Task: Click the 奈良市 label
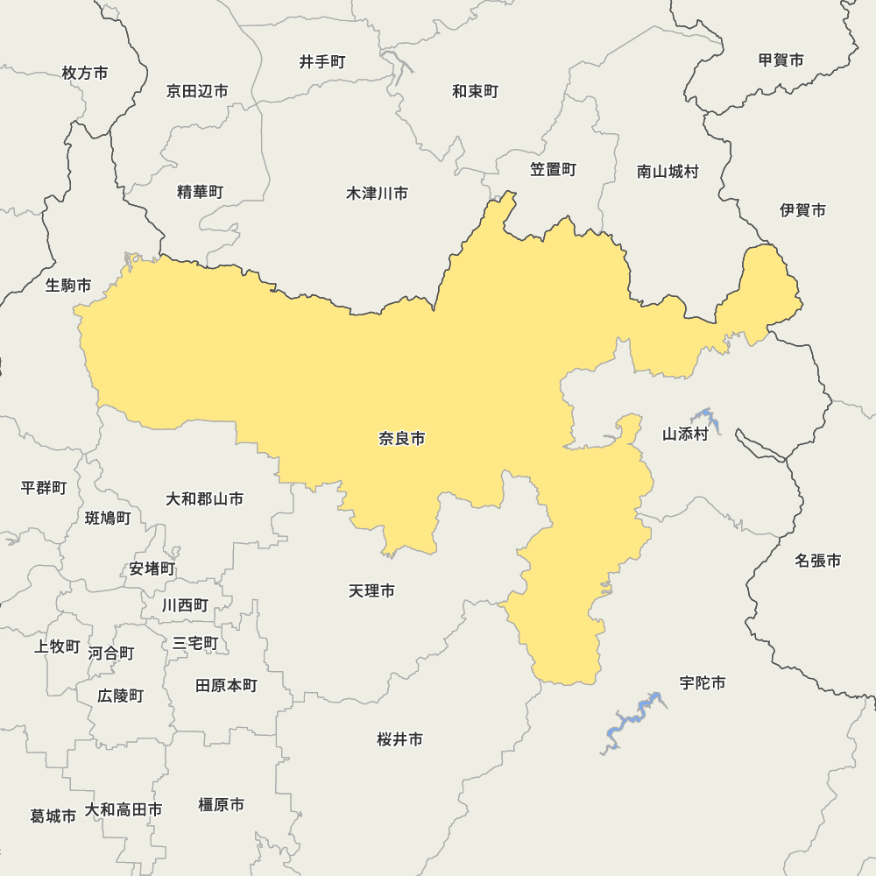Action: pos(402,439)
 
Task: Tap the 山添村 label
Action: pos(685,434)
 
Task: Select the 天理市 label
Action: pos(371,591)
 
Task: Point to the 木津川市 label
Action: pos(377,194)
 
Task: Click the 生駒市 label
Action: pos(68,286)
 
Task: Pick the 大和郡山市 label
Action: pos(205,499)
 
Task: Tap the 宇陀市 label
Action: pos(703,683)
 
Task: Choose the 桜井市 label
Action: pos(400,740)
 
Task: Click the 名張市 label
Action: pos(818,561)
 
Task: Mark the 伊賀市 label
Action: pos(803,210)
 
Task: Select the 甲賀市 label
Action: pos(781,60)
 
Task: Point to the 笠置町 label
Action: pos(553,170)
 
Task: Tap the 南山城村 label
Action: pos(668,172)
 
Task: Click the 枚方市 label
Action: pos(85,74)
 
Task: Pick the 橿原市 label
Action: pos(222,805)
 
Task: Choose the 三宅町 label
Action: pos(195,644)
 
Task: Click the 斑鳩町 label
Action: pos(108,519)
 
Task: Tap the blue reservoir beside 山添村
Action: pos(708,420)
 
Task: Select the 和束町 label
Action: pos(476,91)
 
